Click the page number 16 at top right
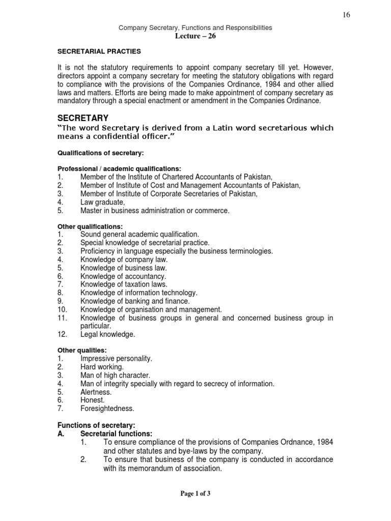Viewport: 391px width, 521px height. tap(346, 15)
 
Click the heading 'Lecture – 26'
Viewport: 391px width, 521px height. tap(195, 36)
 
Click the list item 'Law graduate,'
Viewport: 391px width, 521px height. tap(102, 202)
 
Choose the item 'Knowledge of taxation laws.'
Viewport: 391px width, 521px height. tap(124, 284)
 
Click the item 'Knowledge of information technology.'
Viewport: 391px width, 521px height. tap(138, 293)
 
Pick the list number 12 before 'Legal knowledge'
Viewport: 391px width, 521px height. tap(62, 334)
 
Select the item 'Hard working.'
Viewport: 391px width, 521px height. tap(102, 367)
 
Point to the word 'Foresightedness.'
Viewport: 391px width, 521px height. tap(107, 409)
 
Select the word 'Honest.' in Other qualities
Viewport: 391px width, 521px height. tap(93, 400)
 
